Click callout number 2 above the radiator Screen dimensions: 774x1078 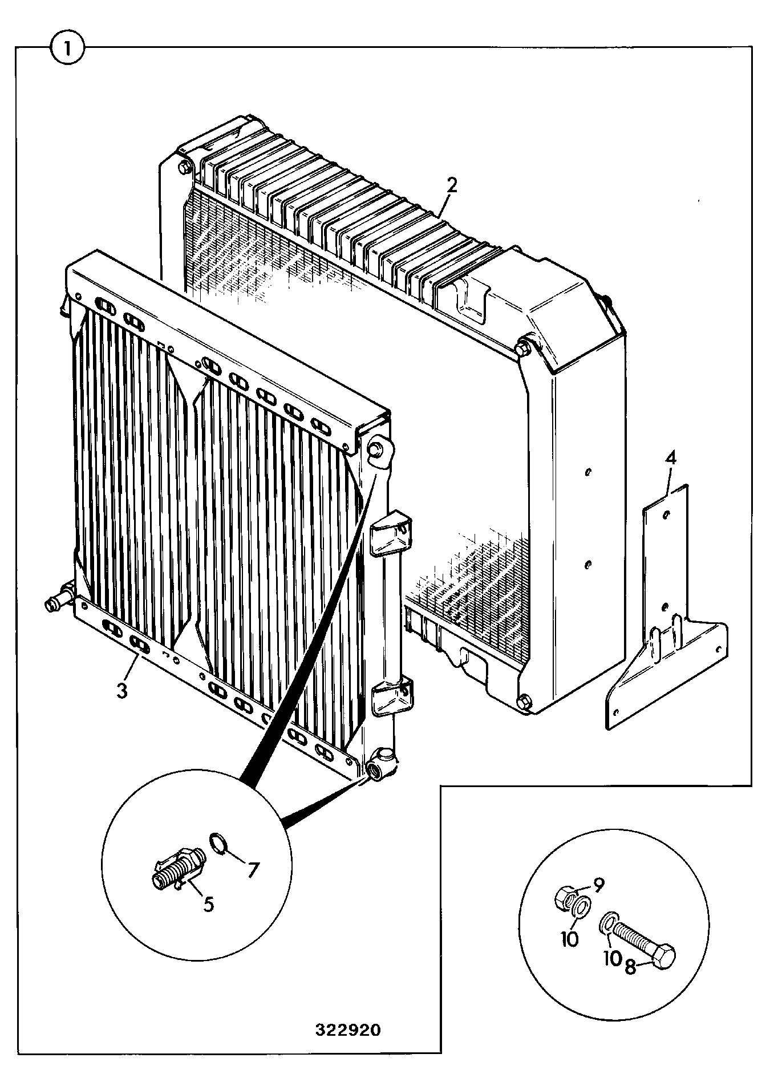(x=451, y=185)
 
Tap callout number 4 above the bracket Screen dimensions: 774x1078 (x=671, y=458)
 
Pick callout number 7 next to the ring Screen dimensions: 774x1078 (x=253, y=870)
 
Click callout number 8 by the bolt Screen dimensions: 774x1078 (x=630, y=967)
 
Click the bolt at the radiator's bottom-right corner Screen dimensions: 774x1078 (x=526, y=701)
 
